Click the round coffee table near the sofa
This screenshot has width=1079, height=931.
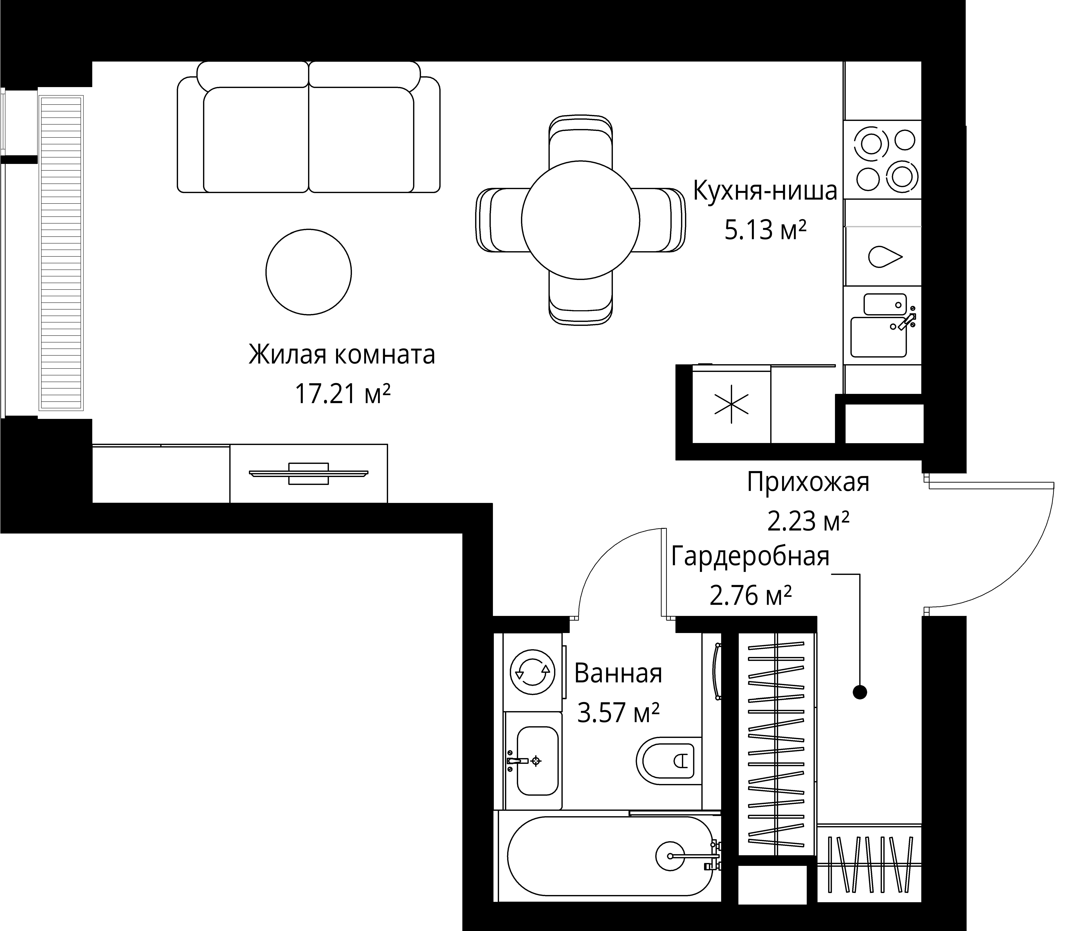point(308,272)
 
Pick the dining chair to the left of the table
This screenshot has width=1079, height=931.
point(499,220)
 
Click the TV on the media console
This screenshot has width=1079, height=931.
point(308,474)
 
